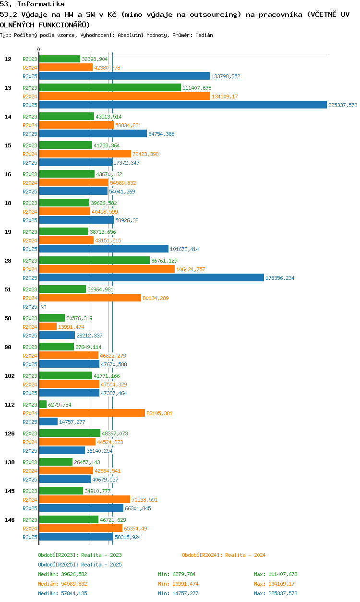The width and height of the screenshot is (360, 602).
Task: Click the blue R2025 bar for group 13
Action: (183, 105)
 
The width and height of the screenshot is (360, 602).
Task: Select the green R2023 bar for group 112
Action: (43, 404)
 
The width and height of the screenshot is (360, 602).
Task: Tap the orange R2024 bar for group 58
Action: (48, 326)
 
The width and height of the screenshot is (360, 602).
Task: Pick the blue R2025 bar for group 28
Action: (152, 277)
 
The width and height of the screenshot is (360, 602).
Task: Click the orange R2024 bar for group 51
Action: (90, 298)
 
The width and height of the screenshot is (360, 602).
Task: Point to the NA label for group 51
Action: (43, 307)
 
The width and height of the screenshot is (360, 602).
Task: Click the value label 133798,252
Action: (226, 76)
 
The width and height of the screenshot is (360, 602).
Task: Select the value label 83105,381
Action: (159, 413)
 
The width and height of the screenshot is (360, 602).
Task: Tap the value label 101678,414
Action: (184, 249)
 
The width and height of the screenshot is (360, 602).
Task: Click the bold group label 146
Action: (10, 520)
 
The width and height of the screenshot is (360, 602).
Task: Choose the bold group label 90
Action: (8, 347)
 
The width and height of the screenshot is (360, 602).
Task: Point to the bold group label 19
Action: (8, 232)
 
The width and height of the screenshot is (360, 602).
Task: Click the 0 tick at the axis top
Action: (39, 49)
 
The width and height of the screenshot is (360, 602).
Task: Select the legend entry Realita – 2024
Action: (224, 555)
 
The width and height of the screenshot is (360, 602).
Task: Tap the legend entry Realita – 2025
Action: (80, 565)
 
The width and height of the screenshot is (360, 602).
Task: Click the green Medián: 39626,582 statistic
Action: (62, 574)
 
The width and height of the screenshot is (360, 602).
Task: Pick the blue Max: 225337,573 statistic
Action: (276, 593)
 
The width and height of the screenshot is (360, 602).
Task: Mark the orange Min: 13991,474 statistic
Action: (178, 584)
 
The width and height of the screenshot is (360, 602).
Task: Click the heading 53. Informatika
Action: (32, 4)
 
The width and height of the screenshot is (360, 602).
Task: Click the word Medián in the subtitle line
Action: (204, 35)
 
